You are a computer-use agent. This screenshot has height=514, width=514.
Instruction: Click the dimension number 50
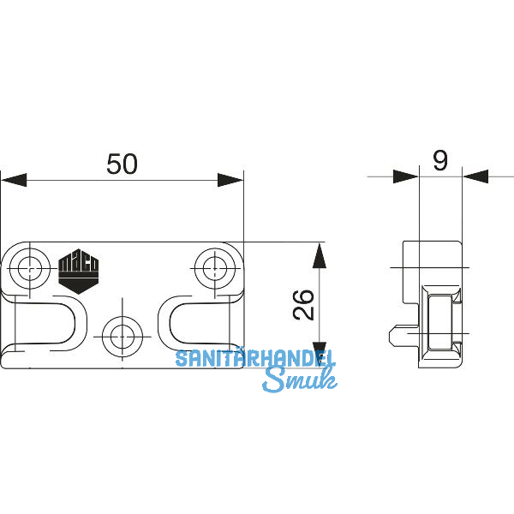point(122,164)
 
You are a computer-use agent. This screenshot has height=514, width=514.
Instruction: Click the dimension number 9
point(440,161)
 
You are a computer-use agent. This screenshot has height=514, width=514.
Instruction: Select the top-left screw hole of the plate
point(31,267)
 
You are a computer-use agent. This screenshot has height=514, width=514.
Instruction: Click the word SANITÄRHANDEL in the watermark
point(255,358)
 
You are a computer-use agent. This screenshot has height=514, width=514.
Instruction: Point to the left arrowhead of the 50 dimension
point(14,180)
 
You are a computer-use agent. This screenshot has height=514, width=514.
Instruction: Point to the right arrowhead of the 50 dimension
point(230,180)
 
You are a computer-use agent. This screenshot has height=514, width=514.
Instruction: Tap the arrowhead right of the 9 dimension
point(475,176)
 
